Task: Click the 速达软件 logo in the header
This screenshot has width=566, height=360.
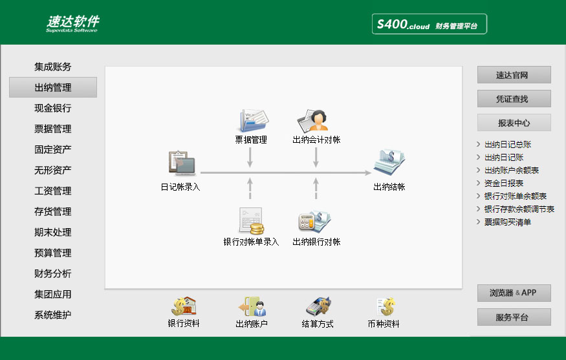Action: [72, 23]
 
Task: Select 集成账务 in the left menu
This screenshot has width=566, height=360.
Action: [52, 67]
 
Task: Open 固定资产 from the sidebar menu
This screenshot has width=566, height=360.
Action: [52, 149]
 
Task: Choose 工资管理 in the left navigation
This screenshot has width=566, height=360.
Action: [52, 191]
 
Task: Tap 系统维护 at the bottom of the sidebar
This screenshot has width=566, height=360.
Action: [52, 315]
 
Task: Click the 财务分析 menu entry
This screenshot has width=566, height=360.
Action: [52, 273]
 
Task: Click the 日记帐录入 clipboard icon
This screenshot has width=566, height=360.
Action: [182, 163]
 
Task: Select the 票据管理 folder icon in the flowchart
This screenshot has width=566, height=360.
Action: [254, 120]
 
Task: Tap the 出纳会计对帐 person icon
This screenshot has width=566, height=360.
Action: [312, 120]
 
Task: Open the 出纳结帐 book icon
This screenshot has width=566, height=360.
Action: [389, 162]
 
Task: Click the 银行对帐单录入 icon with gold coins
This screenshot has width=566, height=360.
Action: [251, 221]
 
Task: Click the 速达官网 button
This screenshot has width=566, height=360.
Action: [514, 75]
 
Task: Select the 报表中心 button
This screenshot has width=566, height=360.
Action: [514, 123]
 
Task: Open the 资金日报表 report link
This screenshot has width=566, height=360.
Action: [503, 184]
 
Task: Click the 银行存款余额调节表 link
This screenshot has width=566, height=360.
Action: [519, 209]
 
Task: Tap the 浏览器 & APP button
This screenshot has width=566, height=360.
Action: [514, 293]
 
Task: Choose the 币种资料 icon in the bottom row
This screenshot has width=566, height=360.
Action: [385, 306]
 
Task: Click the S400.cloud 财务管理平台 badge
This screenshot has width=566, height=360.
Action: [430, 24]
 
